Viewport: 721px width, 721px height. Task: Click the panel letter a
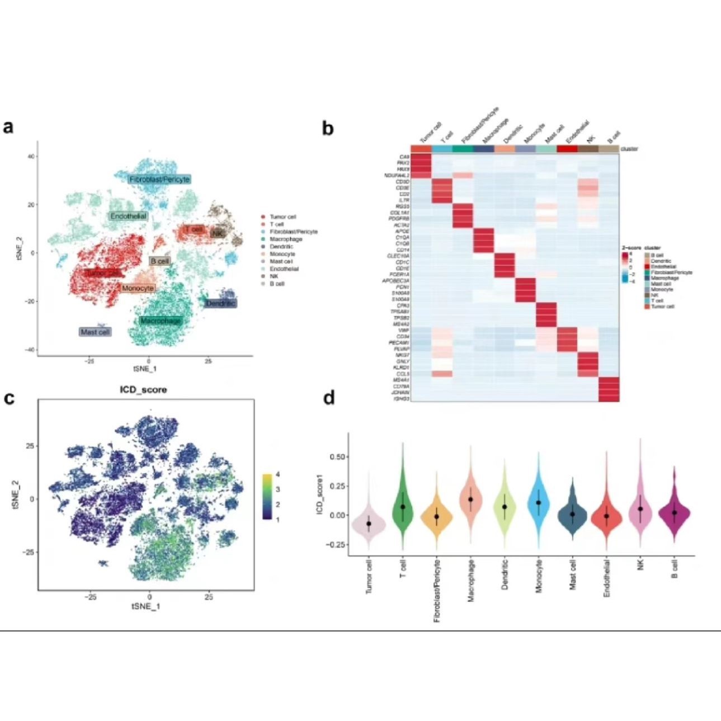[x=8, y=127]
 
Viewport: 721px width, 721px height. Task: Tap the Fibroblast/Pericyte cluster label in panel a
[x=159, y=180]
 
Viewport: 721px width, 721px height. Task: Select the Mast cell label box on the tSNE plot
[x=95, y=332]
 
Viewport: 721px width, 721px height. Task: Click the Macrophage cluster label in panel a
[x=161, y=321]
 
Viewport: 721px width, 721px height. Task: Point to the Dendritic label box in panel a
[x=220, y=303]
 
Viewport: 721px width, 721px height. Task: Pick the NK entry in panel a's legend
[x=274, y=276]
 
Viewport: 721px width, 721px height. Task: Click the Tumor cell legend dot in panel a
[x=263, y=216]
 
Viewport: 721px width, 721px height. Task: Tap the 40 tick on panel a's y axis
[x=32, y=156]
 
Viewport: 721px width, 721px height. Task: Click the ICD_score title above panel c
[x=144, y=389]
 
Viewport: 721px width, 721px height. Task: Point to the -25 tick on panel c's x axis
[x=90, y=597]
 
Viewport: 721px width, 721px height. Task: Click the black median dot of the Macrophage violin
[x=471, y=499]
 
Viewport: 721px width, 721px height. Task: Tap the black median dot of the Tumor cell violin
[x=369, y=524]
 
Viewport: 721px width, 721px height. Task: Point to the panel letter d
[x=329, y=398]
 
